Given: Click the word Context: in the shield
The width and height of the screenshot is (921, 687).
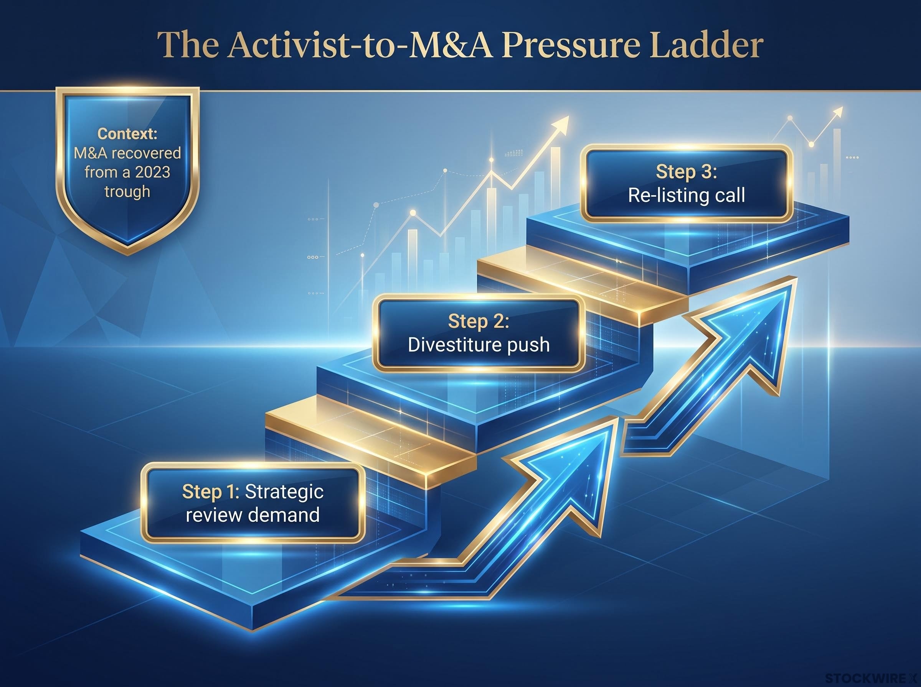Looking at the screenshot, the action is tap(127, 133).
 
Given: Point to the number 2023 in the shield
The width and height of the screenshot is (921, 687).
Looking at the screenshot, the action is tap(151, 172).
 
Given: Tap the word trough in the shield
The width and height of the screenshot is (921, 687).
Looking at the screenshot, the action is tap(127, 192).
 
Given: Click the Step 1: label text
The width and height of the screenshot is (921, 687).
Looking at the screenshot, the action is tap(211, 491).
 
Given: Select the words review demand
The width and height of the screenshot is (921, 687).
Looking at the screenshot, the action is tap(253, 515).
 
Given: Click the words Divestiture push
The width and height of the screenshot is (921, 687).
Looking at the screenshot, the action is tap(479, 345).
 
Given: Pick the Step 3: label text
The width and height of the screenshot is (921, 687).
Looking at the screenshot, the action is tap(687, 172).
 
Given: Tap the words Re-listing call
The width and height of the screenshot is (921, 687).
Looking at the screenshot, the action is tap(687, 196).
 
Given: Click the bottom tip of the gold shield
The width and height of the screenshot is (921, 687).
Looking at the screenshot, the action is tap(127, 255).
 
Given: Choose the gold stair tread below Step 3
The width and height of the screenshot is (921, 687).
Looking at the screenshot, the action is tap(583, 287).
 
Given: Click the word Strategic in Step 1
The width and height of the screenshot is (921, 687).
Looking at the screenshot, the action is tap(284, 491).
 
